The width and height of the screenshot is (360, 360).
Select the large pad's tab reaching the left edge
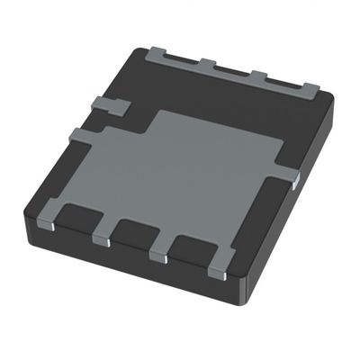click(x=84, y=137)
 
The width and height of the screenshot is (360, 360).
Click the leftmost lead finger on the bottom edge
click(x=52, y=219)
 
